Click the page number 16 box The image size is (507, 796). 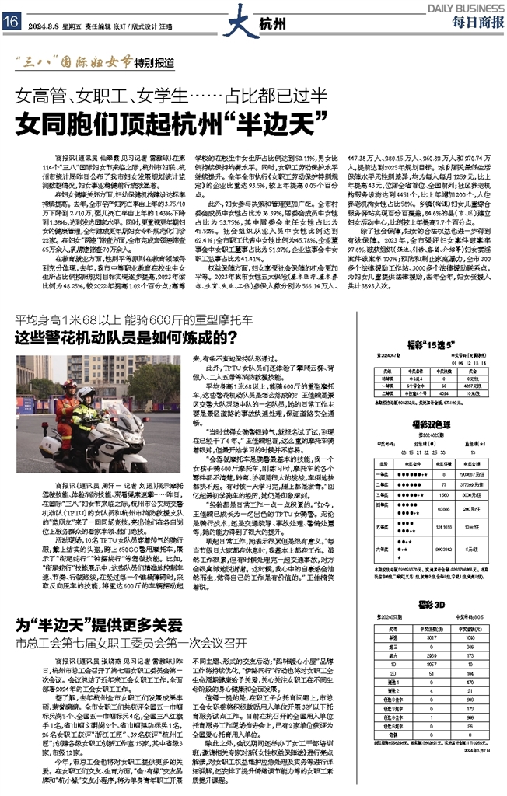11,22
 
